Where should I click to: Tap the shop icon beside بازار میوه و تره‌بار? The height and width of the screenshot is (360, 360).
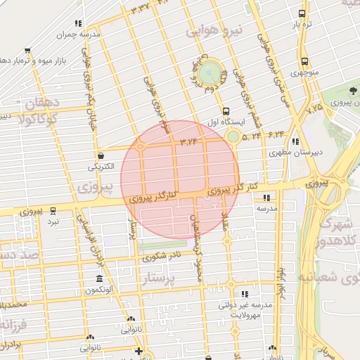point(27,51)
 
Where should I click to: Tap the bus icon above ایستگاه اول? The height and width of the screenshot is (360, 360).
point(226,111)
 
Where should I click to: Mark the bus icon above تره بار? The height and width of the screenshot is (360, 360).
point(302,13)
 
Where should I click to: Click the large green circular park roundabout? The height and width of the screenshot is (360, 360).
point(209,72)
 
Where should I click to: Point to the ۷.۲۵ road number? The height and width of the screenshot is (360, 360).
point(314,108)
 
